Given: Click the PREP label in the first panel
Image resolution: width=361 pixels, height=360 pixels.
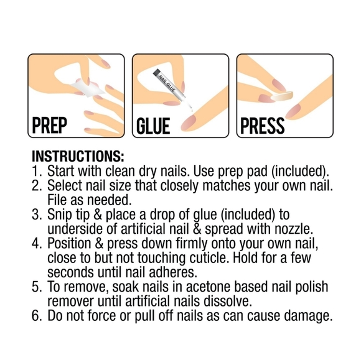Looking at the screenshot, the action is coord(50,126).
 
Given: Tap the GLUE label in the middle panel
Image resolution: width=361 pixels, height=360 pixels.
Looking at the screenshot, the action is coord(153,126).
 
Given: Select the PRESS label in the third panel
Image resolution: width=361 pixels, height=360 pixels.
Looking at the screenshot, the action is coord(262,126).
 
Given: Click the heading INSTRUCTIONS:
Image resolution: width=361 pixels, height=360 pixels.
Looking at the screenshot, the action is coord(78,156).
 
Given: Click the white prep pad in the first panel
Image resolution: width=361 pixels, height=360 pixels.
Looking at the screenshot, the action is coord(88,88).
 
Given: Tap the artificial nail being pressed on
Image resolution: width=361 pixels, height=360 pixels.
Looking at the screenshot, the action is coord(282,96).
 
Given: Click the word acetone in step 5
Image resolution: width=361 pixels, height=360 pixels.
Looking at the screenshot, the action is coord(210,287).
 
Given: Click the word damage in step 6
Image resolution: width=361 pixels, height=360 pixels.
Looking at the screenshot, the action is coord(308,316).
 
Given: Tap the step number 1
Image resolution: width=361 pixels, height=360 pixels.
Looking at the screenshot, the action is coord(37,171).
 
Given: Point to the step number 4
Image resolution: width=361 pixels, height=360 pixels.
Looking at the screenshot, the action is coord(37,244).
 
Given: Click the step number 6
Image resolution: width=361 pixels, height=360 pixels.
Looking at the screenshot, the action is coord(37,316).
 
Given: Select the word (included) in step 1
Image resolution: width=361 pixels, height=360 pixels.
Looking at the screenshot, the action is coord(300,172).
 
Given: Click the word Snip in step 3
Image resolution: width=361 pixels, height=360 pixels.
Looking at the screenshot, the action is coord(60,215).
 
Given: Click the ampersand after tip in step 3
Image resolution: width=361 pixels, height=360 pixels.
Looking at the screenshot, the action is coord(98,215).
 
